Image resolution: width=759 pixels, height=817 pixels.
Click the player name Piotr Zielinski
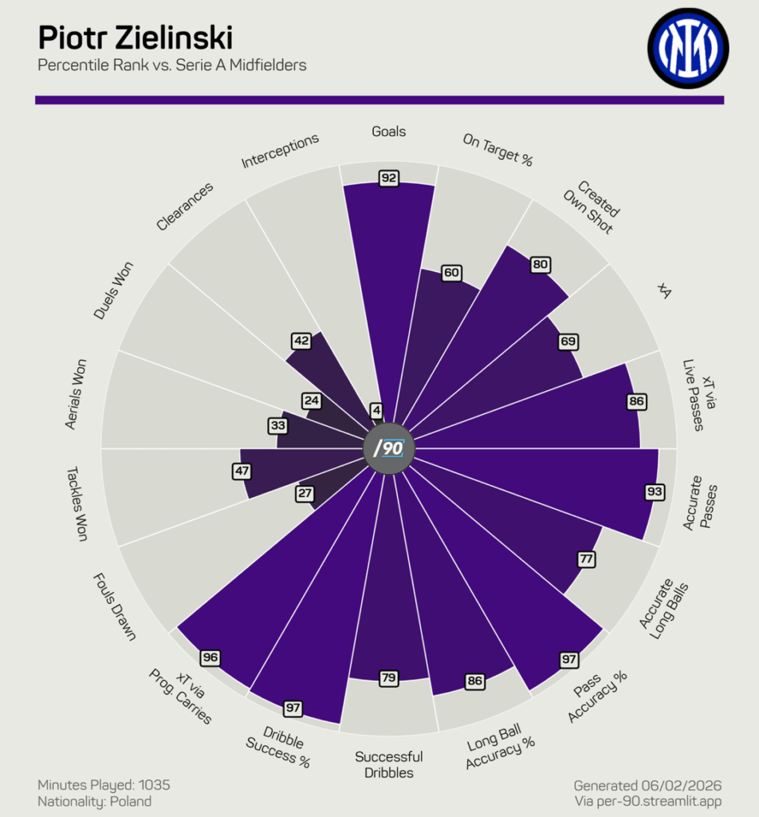[x=136, y=37]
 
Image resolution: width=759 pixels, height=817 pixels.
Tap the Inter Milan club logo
[x=687, y=47]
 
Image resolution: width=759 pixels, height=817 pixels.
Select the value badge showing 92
[x=389, y=178]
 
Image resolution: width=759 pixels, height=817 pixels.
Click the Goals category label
[x=389, y=132]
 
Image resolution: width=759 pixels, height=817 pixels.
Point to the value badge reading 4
[x=376, y=411]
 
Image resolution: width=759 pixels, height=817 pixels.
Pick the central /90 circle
[x=389, y=448]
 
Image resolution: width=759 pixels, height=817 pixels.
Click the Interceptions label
[x=281, y=151]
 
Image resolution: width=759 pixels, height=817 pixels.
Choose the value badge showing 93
[x=655, y=491]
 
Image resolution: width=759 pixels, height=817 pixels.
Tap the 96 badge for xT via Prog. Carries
[x=210, y=657]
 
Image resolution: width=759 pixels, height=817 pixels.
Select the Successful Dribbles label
[x=389, y=764]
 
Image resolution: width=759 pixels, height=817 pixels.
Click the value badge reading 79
[x=389, y=678]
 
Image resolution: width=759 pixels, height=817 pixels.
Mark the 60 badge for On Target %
[x=451, y=273]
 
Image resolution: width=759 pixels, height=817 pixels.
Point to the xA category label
[x=664, y=291]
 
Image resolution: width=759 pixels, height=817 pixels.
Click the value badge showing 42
[x=301, y=341]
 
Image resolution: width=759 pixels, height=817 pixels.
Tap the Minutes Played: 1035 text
[x=104, y=785]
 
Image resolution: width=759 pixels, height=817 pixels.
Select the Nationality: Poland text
[x=94, y=802]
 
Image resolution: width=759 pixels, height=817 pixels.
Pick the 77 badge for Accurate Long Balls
[x=587, y=558]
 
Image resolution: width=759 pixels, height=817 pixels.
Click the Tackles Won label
[x=77, y=504]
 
